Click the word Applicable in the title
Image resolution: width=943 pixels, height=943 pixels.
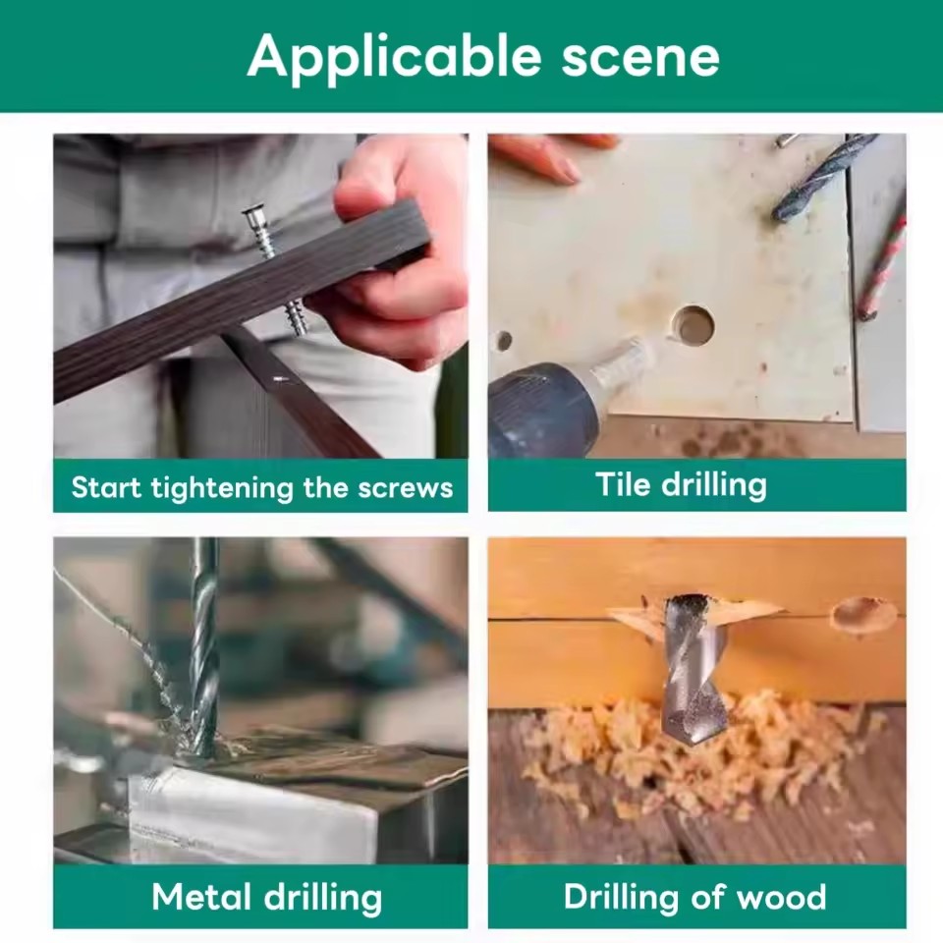click(394, 56)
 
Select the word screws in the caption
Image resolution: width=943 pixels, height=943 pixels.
click(405, 488)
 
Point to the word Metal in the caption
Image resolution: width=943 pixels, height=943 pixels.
click(201, 897)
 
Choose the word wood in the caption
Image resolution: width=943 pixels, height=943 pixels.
click(781, 898)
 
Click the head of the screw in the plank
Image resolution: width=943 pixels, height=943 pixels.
click(253, 213)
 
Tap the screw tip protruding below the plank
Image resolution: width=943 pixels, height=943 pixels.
click(296, 318)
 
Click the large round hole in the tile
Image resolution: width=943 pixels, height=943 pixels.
click(692, 325)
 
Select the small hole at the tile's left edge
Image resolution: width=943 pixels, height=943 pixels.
click(504, 341)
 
